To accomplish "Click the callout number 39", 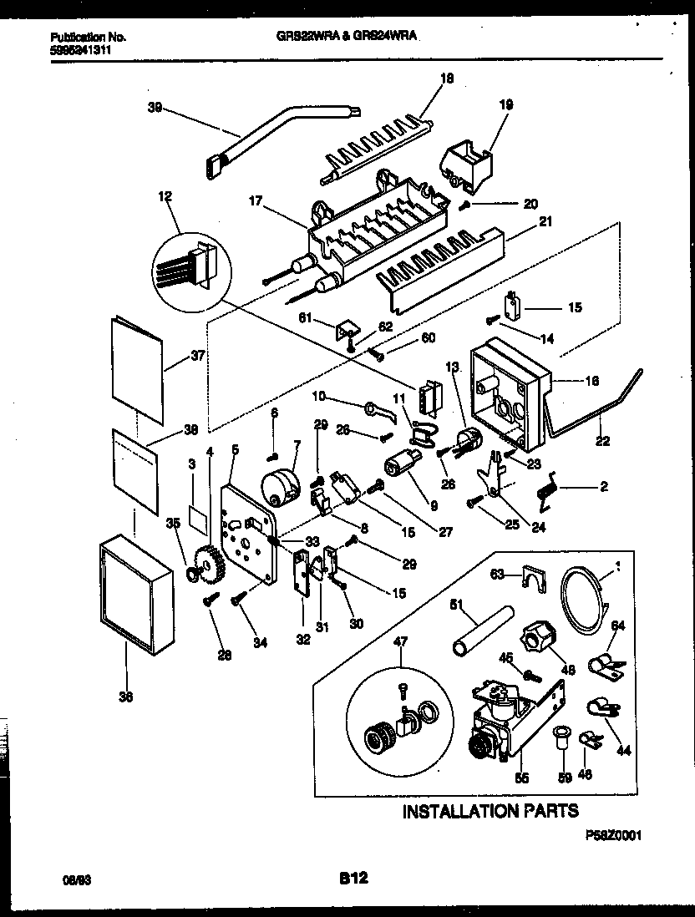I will click(155, 108).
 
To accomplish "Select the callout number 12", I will click(164, 197).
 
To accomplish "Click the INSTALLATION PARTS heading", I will click(490, 811).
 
